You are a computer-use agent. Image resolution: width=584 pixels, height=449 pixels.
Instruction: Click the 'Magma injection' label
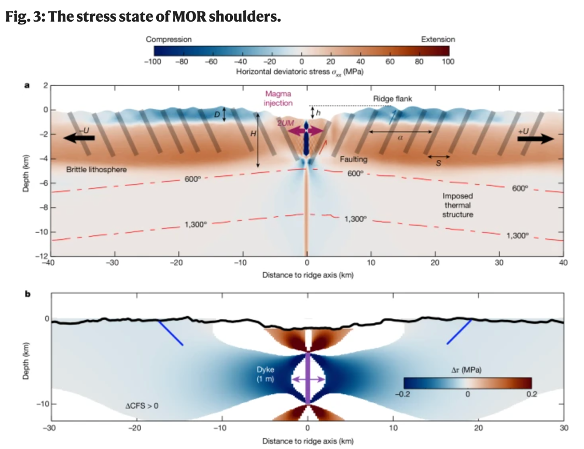coord(278,99)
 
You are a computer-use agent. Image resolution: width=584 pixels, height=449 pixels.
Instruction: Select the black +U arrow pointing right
coord(536,139)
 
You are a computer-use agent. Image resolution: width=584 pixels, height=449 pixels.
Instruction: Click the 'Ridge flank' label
coord(392,98)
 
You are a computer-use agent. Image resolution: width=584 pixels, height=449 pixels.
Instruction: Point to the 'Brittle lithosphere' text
coord(96,170)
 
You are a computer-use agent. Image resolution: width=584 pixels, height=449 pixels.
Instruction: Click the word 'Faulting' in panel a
coord(354,159)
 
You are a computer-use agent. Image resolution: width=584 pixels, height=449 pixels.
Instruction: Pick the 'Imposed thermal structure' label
coord(457,205)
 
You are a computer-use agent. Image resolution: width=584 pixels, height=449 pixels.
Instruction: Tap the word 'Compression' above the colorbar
coord(169,39)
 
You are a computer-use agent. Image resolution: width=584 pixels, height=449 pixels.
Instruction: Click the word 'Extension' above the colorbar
coord(438,39)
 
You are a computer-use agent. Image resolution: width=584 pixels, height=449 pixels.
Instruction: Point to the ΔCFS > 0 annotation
coord(142,405)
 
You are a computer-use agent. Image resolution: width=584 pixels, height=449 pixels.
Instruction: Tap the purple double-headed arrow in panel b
coord(308,380)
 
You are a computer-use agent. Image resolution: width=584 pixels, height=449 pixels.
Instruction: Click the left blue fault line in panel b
coord(171,333)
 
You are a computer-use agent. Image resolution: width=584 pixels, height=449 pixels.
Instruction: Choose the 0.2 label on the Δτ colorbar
coord(531,394)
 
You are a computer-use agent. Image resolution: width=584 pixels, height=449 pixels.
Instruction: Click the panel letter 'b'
coord(27,294)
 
